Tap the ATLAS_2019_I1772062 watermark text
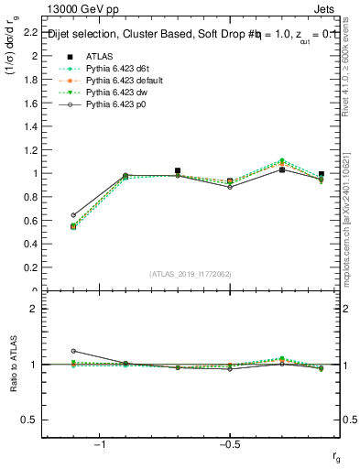[x=191, y=274]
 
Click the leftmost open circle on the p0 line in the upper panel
[x=73, y=215]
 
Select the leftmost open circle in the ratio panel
[x=73, y=351]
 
